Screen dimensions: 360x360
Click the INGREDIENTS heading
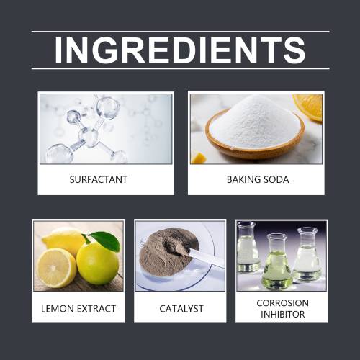point(180,50)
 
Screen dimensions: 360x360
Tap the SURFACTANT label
point(99,179)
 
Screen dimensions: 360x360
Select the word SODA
point(276,179)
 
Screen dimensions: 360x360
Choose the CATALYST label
point(181,309)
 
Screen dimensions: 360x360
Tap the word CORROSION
point(282,303)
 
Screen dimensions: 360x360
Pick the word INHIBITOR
point(282,314)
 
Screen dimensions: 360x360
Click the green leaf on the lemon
point(107,240)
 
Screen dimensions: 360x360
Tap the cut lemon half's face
point(56,268)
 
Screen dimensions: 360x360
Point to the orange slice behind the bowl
point(310,107)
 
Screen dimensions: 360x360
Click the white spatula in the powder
point(204,257)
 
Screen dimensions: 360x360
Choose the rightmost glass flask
point(307,254)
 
